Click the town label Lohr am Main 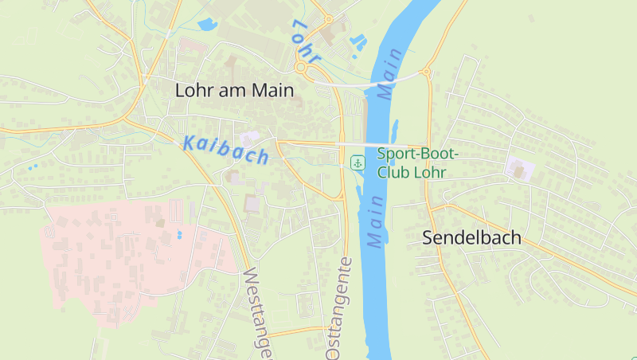(234, 90)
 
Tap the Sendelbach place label (471, 237)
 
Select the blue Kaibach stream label (225, 150)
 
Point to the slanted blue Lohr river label (305, 41)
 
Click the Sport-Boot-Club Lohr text (412, 162)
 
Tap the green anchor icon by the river (358, 163)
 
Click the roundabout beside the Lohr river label (302, 68)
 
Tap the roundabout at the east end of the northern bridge (426, 72)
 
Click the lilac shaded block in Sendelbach (520, 168)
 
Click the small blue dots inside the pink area (179, 235)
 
